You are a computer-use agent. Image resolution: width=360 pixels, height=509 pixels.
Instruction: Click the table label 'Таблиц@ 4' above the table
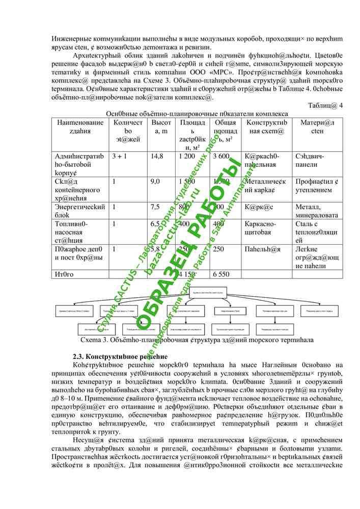(325, 105)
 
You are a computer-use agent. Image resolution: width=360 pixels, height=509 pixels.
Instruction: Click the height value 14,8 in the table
(156, 156)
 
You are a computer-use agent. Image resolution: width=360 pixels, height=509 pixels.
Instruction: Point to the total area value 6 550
(220, 274)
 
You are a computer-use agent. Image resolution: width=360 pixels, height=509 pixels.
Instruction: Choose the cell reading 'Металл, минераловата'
(316, 211)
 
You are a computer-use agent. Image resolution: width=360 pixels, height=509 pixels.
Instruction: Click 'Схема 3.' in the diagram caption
(94, 340)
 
